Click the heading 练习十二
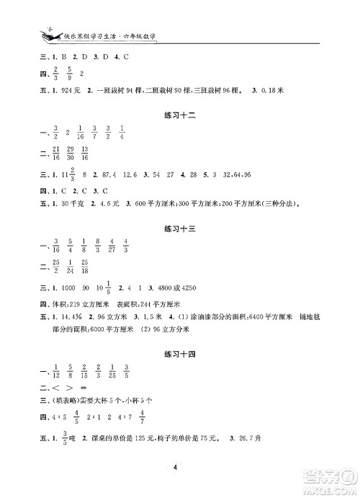pyautogui.click(x=179, y=115)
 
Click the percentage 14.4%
pyautogui.click(x=57, y=316)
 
